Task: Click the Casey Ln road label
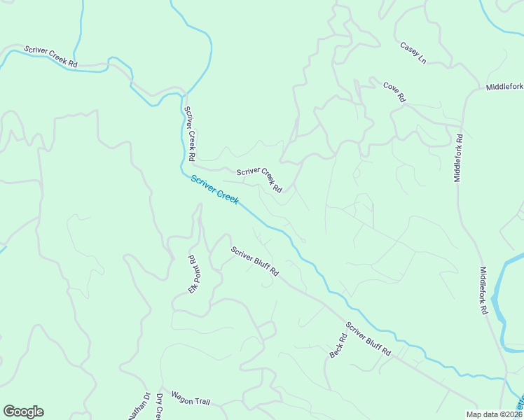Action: [413, 52]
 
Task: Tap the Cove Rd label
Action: [394, 92]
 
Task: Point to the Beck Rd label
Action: [338, 346]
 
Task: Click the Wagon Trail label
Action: [191, 402]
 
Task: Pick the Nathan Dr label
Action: [139, 406]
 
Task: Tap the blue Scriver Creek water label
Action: [215, 190]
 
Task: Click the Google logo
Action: [23, 412]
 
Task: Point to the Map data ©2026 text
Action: [493, 414]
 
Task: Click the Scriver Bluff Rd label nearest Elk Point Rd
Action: [256, 260]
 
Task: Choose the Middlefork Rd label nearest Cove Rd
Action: [459, 158]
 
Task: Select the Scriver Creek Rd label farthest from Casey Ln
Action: [50, 57]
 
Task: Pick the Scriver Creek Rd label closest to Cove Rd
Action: [259, 180]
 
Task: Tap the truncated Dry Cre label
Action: [159, 407]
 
